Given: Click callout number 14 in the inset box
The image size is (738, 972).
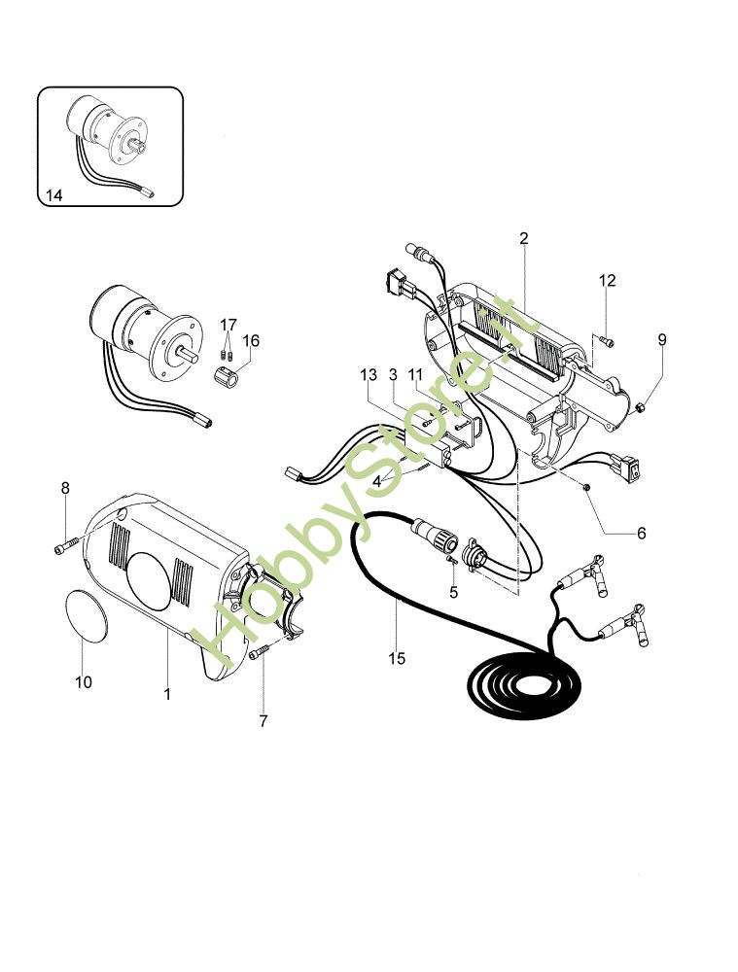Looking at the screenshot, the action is tap(53, 196).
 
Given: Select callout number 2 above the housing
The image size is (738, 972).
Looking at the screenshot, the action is tap(524, 238).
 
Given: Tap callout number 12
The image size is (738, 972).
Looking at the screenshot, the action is tap(608, 281).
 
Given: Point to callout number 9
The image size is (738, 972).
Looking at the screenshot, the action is tap(662, 339).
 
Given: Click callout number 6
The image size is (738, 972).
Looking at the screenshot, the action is tap(642, 533).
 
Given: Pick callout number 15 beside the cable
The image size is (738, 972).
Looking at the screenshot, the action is tap(397, 658).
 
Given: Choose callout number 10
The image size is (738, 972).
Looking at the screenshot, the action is tap(83, 682).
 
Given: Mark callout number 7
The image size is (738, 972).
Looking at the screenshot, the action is tap(264, 721).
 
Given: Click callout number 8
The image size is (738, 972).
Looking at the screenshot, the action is tap(65, 489).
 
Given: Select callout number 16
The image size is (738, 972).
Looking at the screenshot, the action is tap(251, 341).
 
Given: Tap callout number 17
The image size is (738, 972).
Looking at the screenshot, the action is tap(228, 325).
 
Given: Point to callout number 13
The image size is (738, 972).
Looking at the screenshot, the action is tap(369, 375).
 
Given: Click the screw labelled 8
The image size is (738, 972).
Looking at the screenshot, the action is tap(67, 545).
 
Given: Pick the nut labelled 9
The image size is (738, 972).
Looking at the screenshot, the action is tap(641, 407).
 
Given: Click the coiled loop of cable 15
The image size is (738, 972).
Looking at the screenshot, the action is tap(524, 682).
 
